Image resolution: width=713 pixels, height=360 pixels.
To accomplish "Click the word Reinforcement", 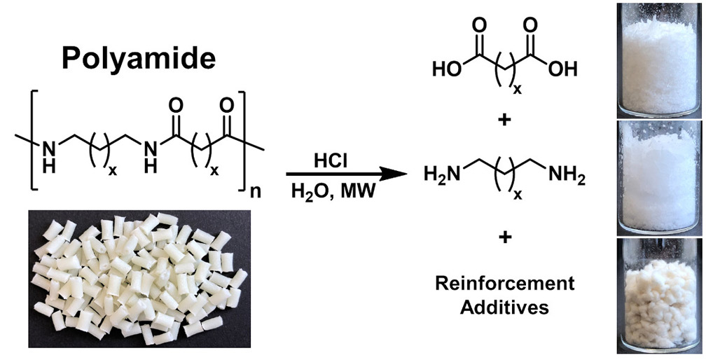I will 504,284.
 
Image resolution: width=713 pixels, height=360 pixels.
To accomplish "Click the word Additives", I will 504,307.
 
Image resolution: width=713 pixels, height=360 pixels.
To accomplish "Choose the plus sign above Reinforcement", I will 504,238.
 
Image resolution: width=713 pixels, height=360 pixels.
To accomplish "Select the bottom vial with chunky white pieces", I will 658,297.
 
